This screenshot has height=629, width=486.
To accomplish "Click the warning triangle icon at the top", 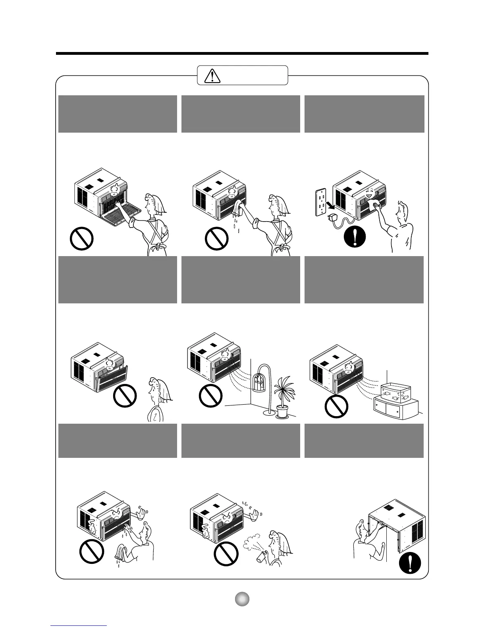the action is (212, 75).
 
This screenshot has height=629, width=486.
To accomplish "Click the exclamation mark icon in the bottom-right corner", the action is (410, 563).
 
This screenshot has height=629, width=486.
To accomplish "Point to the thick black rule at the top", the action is (242, 53).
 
